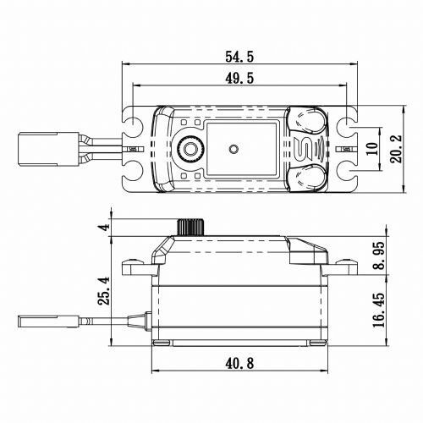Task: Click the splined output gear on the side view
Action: [x=191, y=227]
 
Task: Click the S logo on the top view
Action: [x=309, y=150]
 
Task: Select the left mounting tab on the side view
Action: [x=135, y=266]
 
